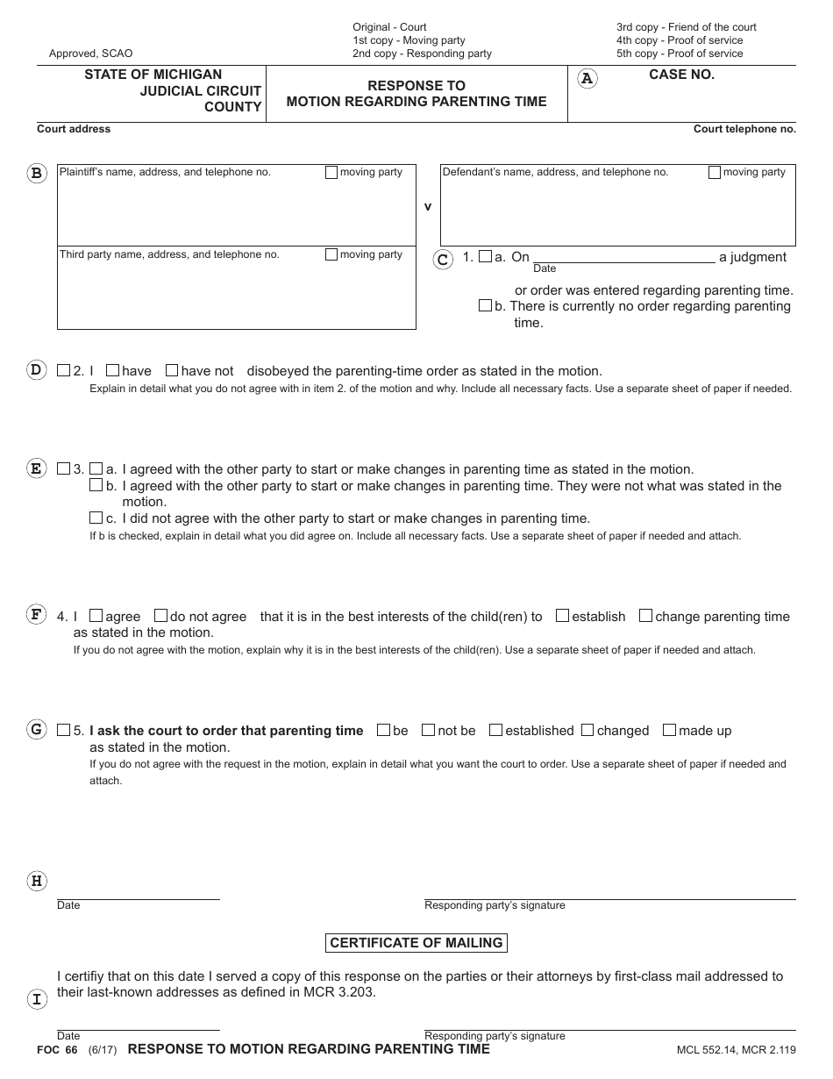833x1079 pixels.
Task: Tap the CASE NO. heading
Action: click(681, 75)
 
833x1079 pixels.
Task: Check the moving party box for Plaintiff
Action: click(331, 173)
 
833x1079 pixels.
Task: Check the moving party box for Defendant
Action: click(715, 173)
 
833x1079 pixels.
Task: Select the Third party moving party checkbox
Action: click(331, 255)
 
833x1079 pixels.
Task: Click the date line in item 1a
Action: click(623, 256)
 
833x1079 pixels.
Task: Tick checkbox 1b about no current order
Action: click(485, 306)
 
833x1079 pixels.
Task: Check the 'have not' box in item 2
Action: click(172, 370)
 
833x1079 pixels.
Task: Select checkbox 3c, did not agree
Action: click(96, 518)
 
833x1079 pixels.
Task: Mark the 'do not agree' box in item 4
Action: click(160, 616)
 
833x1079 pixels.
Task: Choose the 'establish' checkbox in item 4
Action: click(563, 616)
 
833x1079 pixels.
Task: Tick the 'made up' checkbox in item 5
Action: click(669, 730)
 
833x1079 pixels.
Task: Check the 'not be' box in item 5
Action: click(428, 730)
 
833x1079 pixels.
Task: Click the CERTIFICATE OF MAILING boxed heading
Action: click(416, 943)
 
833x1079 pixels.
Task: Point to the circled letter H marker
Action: click(37, 881)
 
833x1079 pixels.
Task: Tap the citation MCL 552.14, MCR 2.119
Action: click(736, 1050)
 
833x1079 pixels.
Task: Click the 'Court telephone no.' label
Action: click(744, 129)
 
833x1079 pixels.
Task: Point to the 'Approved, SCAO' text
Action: click(91, 54)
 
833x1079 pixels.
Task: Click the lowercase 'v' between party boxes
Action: click(428, 207)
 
